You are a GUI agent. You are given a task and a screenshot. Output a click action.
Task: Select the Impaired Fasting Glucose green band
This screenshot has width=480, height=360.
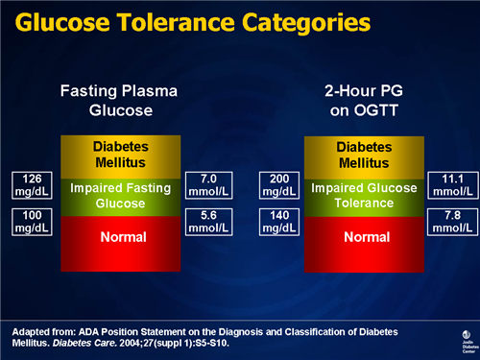click(121, 196)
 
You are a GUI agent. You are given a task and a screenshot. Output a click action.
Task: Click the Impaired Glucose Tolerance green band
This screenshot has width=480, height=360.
click(364, 196)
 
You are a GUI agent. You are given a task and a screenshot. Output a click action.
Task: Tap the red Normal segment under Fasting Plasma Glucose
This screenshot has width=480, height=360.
click(121, 236)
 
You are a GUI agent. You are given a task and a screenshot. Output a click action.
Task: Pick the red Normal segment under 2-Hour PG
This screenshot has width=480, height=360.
click(364, 236)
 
